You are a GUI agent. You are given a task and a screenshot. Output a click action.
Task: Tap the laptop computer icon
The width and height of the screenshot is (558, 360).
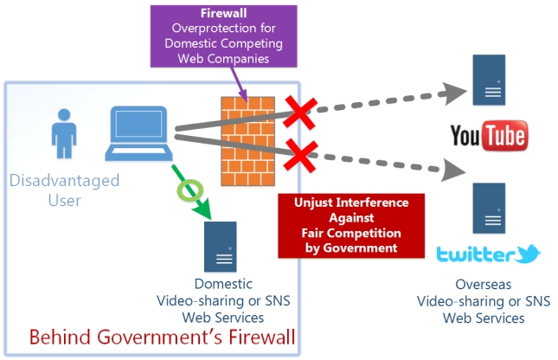[x=138, y=135]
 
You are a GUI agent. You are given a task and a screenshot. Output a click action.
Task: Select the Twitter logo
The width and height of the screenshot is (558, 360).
[x=488, y=254]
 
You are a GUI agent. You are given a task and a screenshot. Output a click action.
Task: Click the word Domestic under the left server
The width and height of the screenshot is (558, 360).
[x=223, y=284]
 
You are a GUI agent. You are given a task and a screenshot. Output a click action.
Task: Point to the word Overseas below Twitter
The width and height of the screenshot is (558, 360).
[x=484, y=284]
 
